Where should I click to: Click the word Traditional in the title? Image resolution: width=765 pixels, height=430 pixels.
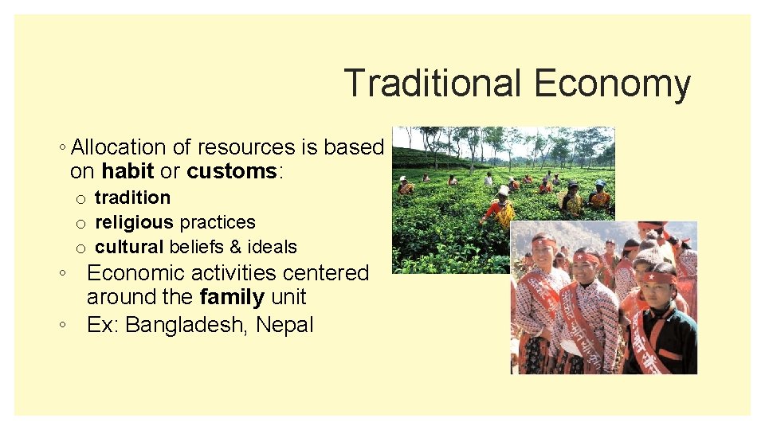(x=433, y=84)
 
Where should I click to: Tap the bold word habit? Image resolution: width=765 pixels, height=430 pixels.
(x=127, y=171)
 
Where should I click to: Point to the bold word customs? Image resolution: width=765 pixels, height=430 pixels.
(x=231, y=171)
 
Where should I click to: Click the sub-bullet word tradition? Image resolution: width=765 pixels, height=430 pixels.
(x=132, y=197)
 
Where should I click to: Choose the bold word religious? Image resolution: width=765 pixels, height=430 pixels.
(x=134, y=222)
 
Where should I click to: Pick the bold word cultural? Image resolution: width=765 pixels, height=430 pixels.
(x=129, y=247)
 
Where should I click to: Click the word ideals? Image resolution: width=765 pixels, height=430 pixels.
(x=272, y=247)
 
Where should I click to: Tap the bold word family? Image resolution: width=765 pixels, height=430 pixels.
(x=232, y=298)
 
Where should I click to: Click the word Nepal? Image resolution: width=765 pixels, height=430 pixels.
(x=284, y=325)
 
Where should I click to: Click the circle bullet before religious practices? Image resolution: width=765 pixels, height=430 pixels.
(x=80, y=223)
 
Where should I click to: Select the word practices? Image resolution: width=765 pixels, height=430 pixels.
(x=217, y=222)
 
